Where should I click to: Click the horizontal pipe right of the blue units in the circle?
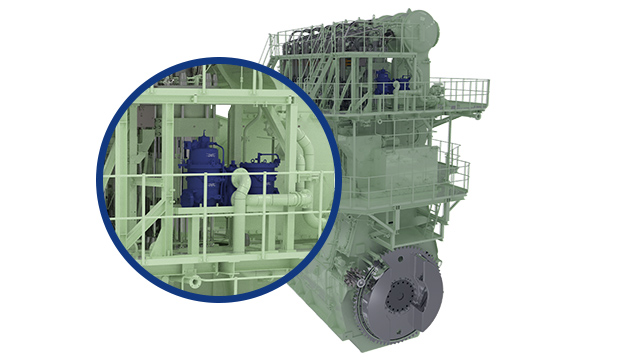(x=285, y=201)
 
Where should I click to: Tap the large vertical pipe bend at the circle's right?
(x=306, y=160)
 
